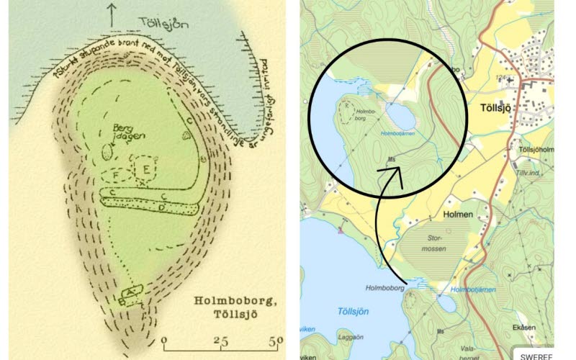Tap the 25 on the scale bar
pos(221,340)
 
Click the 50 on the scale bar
pos(276,340)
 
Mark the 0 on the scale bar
pos(166,340)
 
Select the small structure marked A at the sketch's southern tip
pos(132,292)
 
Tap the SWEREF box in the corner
pos(536,355)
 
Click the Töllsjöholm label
pos(534,149)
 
